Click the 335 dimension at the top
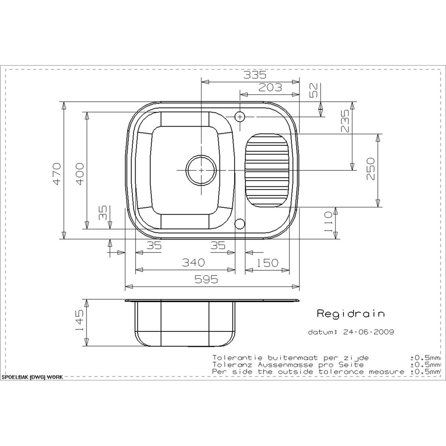pos(255,75)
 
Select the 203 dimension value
pos(270,88)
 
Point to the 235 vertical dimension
pos(345,122)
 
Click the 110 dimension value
pos(328,222)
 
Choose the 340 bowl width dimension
pos(193,262)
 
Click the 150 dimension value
pos(267,262)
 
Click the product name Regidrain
pos(350,314)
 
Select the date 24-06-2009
pos(368,332)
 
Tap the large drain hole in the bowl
pos(201,170)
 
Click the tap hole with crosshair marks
pos(240,117)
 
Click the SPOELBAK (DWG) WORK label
pos(32,377)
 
